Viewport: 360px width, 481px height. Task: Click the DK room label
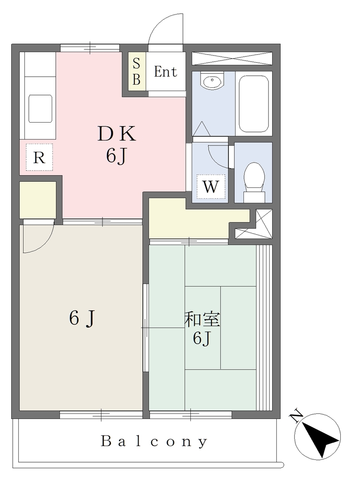[117, 134]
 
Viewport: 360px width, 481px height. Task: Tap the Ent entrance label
[165, 72]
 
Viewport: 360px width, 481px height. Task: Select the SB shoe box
[137, 71]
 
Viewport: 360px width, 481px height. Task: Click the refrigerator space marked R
[39, 157]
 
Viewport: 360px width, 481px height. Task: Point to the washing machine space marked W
[211, 186]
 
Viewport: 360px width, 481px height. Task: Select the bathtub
[253, 104]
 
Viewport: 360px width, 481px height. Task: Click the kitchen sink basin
[40, 109]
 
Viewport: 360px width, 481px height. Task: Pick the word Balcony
[154, 442]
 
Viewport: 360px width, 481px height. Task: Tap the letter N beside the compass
[296, 416]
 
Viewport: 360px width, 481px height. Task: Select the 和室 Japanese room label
[202, 319]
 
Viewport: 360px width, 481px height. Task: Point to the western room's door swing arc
[45, 244]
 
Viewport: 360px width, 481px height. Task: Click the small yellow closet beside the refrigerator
[38, 200]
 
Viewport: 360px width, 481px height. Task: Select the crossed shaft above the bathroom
[232, 58]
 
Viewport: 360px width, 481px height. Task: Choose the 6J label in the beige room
[82, 318]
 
